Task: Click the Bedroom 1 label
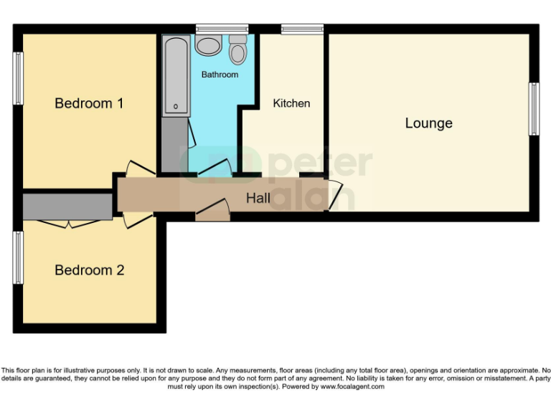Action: pyautogui.click(x=89, y=103)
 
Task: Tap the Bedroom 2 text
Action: pyautogui.click(x=89, y=270)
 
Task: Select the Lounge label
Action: pyautogui.click(x=428, y=123)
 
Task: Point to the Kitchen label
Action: pyautogui.click(x=291, y=103)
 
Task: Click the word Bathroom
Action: pyautogui.click(x=220, y=75)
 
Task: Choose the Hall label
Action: pyautogui.click(x=258, y=198)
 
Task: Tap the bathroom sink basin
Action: pyautogui.click(x=209, y=46)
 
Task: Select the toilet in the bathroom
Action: pyautogui.click(x=237, y=51)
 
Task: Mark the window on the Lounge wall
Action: pyautogui.click(x=534, y=109)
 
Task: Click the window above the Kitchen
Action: pyautogui.click(x=302, y=29)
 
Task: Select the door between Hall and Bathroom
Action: pyautogui.click(x=213, y=168)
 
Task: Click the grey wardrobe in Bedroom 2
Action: pyautogui.click(x=67, y=206)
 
